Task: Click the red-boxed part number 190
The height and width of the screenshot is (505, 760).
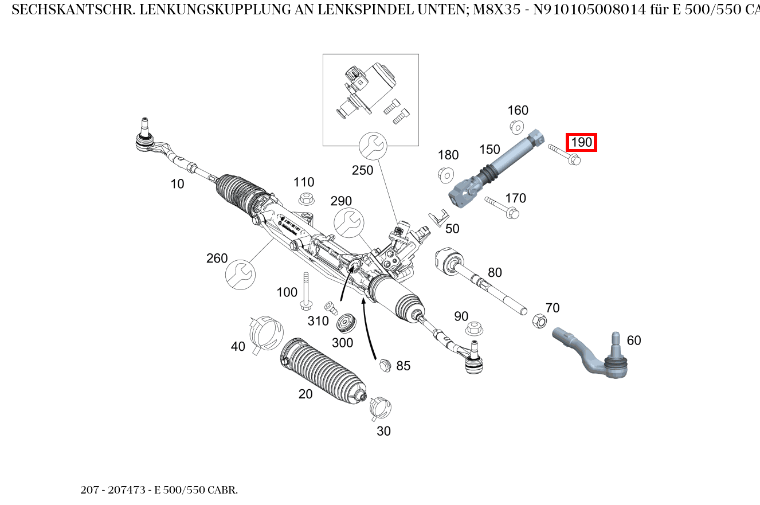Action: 581,142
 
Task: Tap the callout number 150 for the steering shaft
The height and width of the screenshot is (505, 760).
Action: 489,150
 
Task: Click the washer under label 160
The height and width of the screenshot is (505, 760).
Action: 516,126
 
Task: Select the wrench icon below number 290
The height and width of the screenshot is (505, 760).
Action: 348,222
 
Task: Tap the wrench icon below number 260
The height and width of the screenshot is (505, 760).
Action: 240,275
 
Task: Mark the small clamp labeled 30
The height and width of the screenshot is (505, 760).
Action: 380,407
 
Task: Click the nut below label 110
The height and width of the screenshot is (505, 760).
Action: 306,199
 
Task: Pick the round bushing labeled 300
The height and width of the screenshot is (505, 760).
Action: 346,322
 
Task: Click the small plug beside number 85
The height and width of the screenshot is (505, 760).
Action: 385,365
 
